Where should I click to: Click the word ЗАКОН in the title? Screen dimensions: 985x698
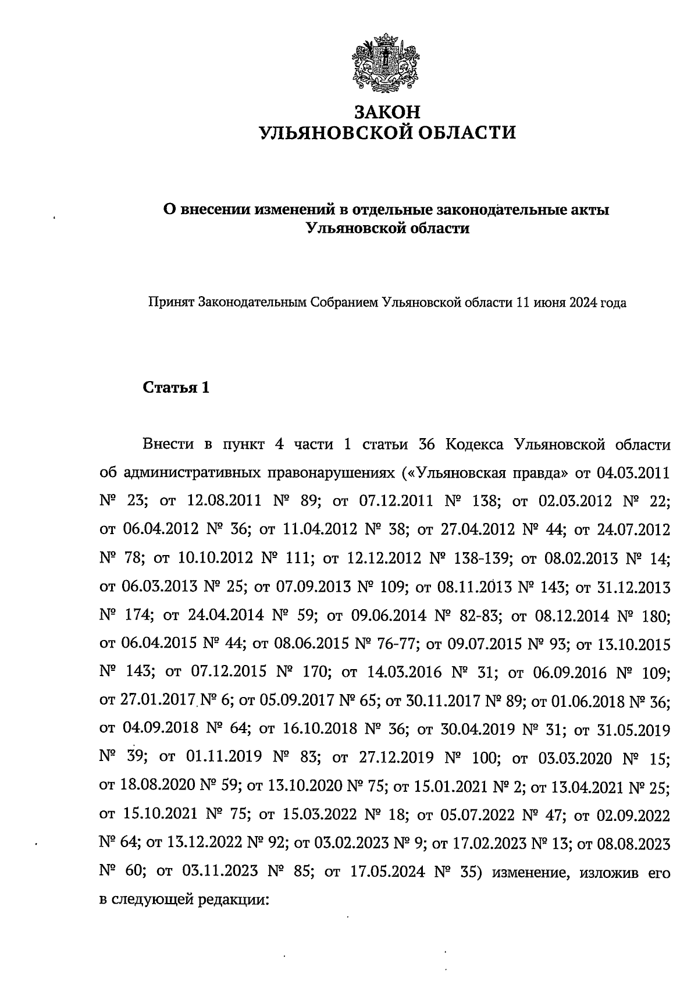(x=387, y=111)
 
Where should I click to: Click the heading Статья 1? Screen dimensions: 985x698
(x=176, y=388)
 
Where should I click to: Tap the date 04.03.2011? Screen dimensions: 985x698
(x=633, y=473)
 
